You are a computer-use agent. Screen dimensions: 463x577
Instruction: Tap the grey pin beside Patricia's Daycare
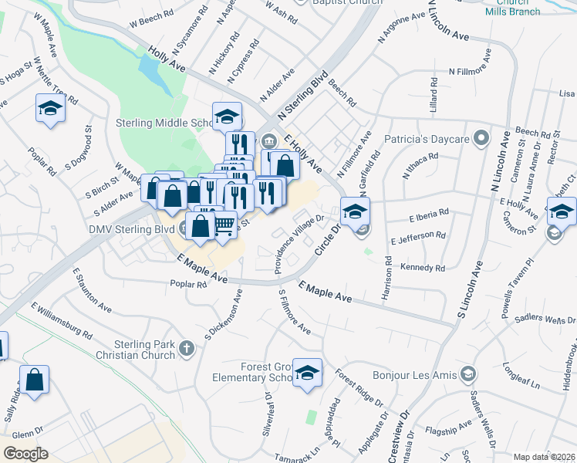point(482,139)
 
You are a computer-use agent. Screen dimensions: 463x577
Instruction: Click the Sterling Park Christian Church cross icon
point(186,349)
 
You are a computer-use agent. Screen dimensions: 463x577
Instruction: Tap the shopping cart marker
point(224,225)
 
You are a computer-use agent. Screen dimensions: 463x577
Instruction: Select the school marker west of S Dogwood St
point(50,109)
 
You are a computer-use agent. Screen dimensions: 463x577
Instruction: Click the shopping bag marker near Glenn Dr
point(34,380)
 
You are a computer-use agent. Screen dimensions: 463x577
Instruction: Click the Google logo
point(25,454)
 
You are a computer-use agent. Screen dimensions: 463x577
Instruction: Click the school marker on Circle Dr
point(355,211)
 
